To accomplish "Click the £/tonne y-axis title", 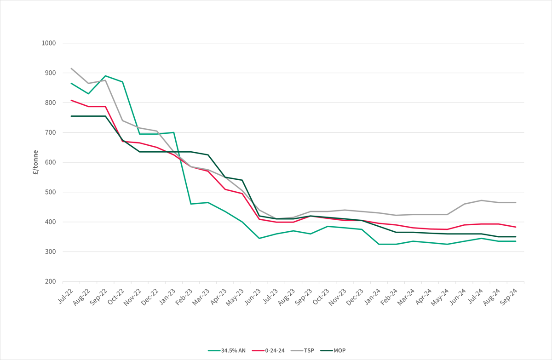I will click(x=35, y=162).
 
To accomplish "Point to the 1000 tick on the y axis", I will click(x=48, y=43).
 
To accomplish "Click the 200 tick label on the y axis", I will click(x=50, y=281).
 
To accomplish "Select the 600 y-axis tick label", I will click(x=50, y=162).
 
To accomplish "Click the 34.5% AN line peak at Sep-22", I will click(x=105, y=76).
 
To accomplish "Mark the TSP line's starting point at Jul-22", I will click(x=71, y=69).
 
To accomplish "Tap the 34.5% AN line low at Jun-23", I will click(x=259, y=238).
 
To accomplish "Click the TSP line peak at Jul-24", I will click(x=481, y=200).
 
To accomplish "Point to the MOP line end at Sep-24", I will click(x=516, y=237).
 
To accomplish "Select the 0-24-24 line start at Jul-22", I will click(x=71, y=100).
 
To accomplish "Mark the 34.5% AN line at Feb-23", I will click(x=191, y=204).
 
